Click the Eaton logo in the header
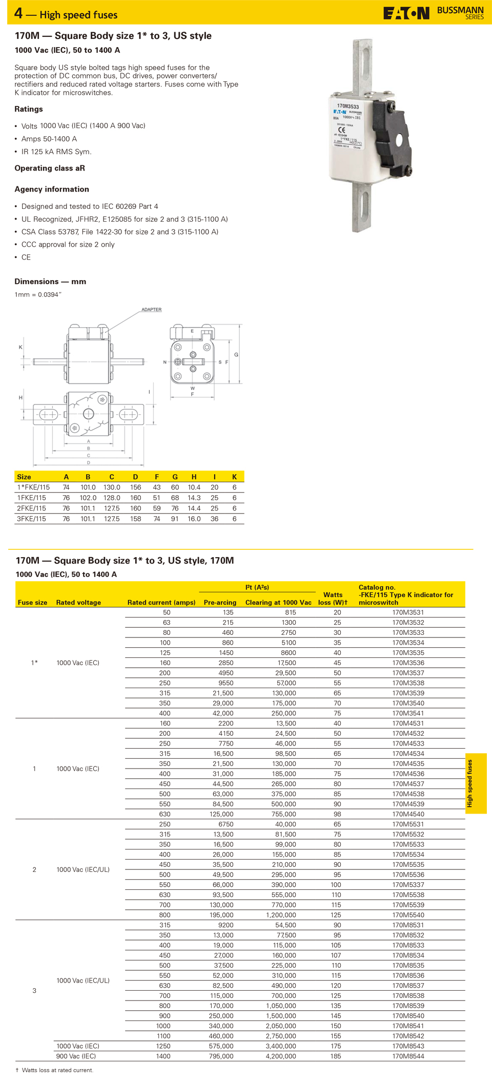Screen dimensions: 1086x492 [x=406, y=13]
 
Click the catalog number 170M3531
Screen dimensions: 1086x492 [x=408, y=612]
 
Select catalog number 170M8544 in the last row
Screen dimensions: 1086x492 [x=408, y=1056]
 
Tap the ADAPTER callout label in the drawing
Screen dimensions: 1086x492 [x=151, y=310]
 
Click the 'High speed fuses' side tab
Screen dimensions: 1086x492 [x=476, y=783]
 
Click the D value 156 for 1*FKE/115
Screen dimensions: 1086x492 [x=135, y=487]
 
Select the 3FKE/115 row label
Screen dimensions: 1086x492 [x=31, y=519]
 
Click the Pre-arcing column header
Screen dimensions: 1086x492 [x=220, y=602]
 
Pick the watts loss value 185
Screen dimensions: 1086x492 [x=336, y=1056]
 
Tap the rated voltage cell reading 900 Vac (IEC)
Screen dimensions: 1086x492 [x=76, y=1056]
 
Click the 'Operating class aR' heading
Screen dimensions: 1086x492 [x=50, y=168]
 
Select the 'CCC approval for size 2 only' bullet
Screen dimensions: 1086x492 [x=68, y=244]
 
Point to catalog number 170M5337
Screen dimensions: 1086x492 [x=408, y=885]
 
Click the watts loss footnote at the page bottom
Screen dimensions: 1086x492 [x=55, y=1070]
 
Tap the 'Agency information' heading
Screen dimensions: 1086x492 [x=52, y=189]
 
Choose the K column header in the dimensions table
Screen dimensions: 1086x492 [x=234, y=477]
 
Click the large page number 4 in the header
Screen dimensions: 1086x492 [x=18, y=13]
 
